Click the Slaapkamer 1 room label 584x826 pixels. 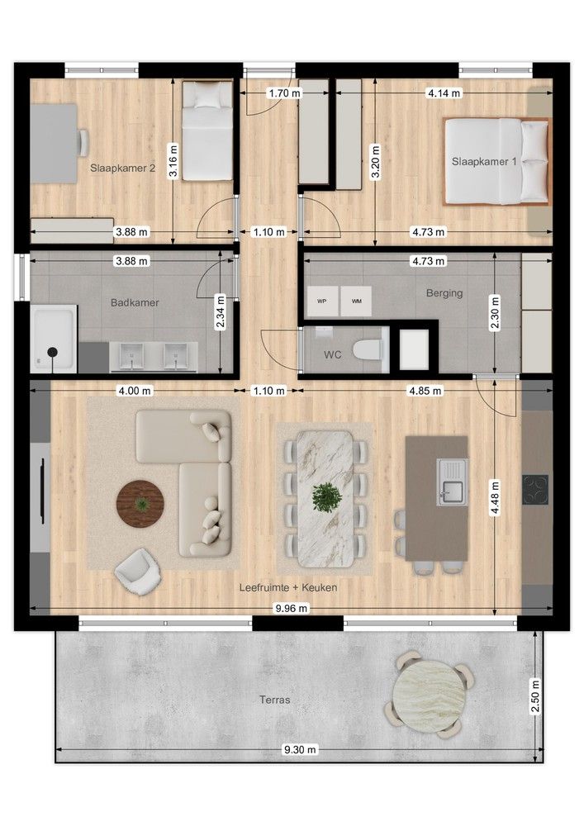tap(484, 162)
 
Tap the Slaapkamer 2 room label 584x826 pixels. tap(123, 168)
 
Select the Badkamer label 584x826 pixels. tap(135, 302)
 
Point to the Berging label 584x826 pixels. tap(444, 292)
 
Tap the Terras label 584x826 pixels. tap(274, 699)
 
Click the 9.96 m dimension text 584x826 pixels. tap(291, 609)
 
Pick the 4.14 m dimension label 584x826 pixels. tap(444, 93)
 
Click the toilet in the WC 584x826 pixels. tap(369, 351)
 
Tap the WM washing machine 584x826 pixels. tap(356, 301)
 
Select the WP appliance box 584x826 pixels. tap(322, 301)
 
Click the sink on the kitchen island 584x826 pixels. tap(451, 481)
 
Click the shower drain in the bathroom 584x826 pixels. tap(53, 353)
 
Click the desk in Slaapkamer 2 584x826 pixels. tap(54, 142)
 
